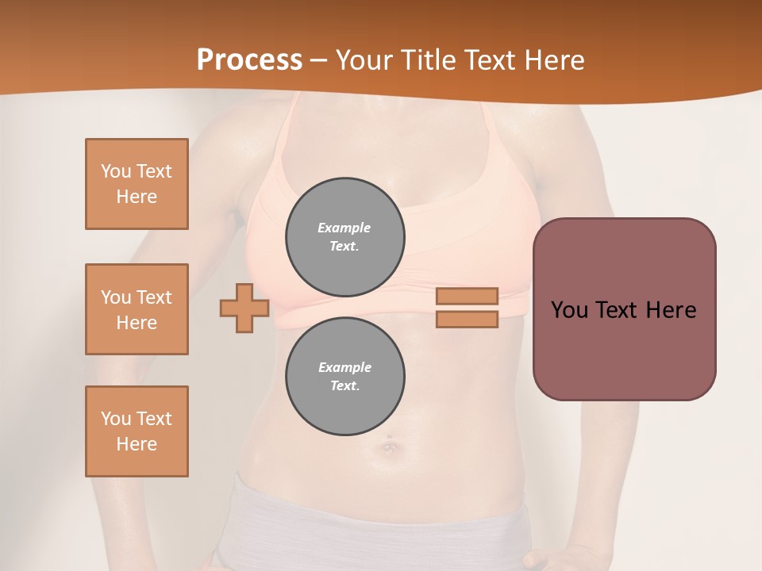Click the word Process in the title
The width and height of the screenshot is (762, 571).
[x=249, y=60]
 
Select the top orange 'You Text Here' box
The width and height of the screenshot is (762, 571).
[x=137, y=184]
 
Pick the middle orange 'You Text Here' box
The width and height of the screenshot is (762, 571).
[x=137, y=309]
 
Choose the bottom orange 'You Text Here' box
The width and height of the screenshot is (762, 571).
[x=137, y=431]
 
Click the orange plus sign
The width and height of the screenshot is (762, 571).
[x=244, y=308]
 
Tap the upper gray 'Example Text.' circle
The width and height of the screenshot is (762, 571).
[x=345, y=237]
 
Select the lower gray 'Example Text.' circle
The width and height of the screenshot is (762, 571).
[x=345, y=377]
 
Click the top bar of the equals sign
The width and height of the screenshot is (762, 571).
[x=467, y=297]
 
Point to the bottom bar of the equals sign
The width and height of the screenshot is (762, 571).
[x=467, y=320]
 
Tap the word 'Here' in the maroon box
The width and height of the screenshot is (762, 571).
[x=671, y=310]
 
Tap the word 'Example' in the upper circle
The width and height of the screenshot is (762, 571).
[x=344, y=228]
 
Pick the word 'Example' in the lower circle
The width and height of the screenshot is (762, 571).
[x=344, y=367]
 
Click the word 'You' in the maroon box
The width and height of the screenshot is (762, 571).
[x=569, y=310]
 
